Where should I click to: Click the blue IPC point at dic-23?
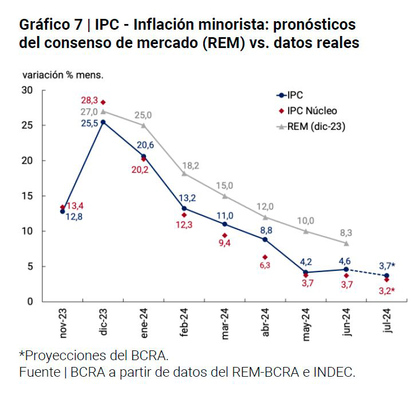click(103, 122)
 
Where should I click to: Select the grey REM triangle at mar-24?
click(224, 196)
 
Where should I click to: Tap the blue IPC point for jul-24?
click(387, 276)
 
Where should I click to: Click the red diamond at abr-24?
click(265, 257)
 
